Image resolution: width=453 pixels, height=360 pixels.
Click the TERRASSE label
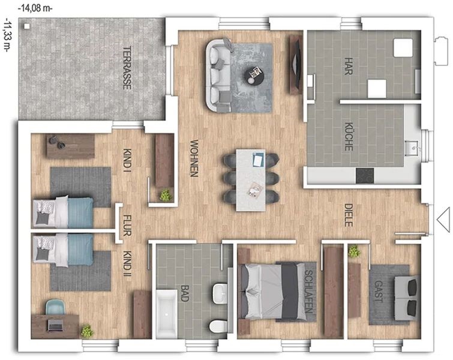pyautogui.click(x=127, y=68)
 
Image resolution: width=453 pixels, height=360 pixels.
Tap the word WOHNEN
pyautogui.click(x=194, y=158)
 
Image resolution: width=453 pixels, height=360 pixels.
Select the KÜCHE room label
pyautogui.click(x=349, y=136)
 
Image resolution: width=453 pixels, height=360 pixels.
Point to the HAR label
pyautogui.click(x=349, y=66)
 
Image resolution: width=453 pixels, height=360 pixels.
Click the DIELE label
pyautogui.click(x=349, y=215)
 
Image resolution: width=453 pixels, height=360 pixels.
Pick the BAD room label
pyautogui.click(x=185, y=293)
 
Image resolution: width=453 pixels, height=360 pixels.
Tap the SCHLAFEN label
pyautogui.click(x=309, y=292)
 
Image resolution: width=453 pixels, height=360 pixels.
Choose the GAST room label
pyautogui.click(x=379, y=291)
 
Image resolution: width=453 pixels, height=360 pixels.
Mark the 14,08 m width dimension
pyautogui.click(x=35, y=8)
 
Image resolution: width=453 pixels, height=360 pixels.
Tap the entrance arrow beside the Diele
pyautogui.click(x=443, y=219)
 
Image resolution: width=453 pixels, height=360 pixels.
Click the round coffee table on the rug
pyautogui.click(x=254, y=76)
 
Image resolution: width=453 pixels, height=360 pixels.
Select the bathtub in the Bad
pyautogui.click(x=167, y=313)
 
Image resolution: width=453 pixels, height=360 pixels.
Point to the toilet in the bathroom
pyautogui.click(x=218, y=327)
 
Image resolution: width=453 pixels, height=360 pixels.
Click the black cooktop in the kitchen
pyautogui.click(x=365, y=176)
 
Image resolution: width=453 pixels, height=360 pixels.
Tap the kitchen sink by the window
pyautogui.click(x=412, y=148)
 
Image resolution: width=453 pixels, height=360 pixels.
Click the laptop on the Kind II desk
pyautogui.click(x=55, y=325)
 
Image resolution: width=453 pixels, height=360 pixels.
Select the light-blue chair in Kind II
pyautogui.click(x=55, y=307)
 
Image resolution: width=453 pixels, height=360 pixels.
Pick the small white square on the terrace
pyautogui.click(x=27, y=26)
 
